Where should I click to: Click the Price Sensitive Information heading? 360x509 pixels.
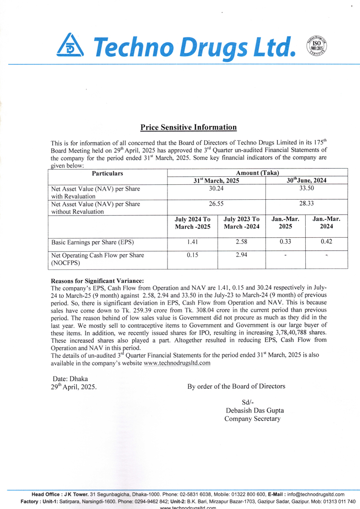189,127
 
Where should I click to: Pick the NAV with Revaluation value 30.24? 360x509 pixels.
216,189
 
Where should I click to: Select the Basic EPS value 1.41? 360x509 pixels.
192,242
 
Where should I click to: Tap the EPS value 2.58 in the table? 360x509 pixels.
241,242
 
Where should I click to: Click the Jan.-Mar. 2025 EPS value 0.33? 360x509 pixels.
285,242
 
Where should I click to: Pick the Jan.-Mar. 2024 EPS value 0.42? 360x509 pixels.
326,242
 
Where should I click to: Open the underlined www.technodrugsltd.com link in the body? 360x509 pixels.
177,363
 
